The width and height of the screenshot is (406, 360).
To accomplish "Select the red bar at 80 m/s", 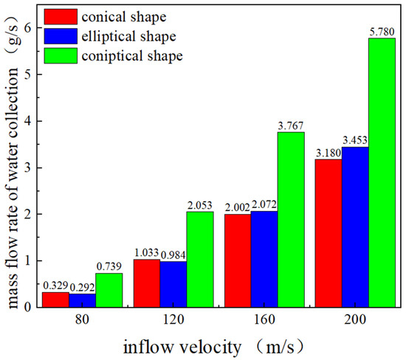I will (x=55, y=299).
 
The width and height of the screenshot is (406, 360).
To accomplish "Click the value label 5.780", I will (x=382, y=32).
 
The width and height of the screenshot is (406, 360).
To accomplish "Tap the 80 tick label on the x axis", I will (x=82, y=322).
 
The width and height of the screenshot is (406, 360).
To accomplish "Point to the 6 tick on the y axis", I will (x=28, y=27).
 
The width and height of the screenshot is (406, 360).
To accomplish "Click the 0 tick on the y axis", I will (x=28, y=308).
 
